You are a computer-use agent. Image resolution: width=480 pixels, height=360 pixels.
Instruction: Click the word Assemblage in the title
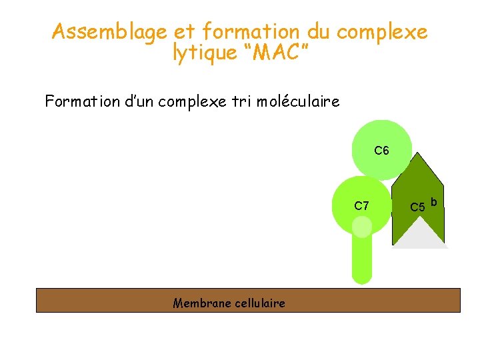click(109, 32)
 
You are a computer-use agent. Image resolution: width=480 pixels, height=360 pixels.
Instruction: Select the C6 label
click(381, 151)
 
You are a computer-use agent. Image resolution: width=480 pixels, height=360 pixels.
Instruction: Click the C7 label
click(361, 206)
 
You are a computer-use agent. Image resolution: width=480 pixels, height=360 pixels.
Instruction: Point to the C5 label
click(417, 207)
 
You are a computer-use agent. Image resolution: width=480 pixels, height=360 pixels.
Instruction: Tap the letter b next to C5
click(434, 201)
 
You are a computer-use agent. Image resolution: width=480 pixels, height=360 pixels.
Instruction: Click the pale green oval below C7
click(362, 227)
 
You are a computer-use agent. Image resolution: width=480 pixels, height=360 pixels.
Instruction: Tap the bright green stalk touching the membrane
click(361, 263)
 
